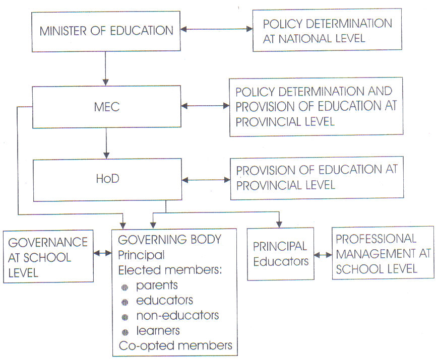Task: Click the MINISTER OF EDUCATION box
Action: tap(106, 31)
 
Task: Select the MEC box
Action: tap(107, 107)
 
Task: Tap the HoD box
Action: tap(107, 180)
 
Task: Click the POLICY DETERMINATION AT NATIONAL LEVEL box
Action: tap(327, 30)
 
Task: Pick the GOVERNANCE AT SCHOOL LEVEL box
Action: tap(48, 256)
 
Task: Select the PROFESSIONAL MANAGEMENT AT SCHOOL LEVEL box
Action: tap(383, 253)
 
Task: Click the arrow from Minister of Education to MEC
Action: tap(105, 68)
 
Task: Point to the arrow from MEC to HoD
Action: tap(106, 143)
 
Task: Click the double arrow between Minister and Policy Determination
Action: tap(217, 29)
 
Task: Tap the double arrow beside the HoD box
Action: tap(206, 180)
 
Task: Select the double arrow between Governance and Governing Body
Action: tap(102, 253)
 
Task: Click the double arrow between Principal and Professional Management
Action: tap(323, 254)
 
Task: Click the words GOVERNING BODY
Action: tap(170, 240)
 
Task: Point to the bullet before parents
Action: tap(124, 287)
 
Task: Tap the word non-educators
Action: tap(177, 316)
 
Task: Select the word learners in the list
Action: tap(158, 330)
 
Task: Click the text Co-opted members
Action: tap(175, 345)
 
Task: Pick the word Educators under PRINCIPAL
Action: tap(281, 261)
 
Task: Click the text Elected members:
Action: tap(170, 270)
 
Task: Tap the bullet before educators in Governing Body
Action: tap(125, 302)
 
